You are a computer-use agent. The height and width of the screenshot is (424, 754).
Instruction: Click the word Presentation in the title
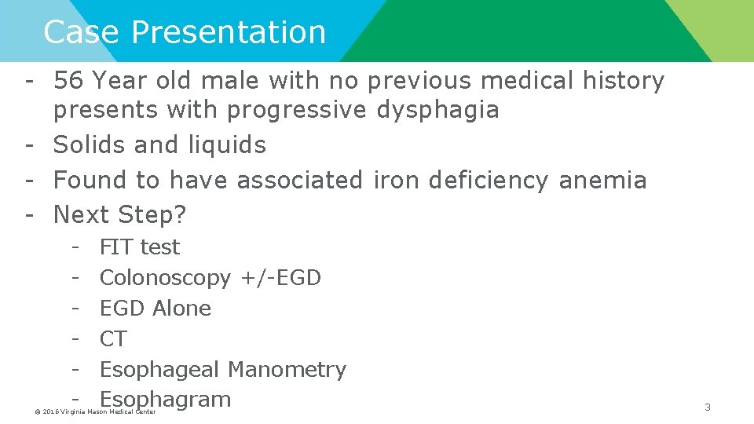coord(229,32)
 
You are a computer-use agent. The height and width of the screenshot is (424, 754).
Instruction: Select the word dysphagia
coord(438,110)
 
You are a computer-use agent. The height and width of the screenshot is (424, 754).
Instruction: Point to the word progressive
coord(297,110)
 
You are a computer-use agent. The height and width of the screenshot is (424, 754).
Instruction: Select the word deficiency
coord(490,180)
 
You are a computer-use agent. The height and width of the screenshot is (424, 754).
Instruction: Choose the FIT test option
coord(140,247)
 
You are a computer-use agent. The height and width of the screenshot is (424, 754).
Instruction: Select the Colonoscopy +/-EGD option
coord(210,277)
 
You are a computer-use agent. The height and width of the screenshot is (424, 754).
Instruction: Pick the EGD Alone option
coord(156,308)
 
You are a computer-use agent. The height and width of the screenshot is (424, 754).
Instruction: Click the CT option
coord(113,338)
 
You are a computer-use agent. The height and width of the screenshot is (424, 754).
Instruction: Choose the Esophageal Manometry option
coord(223,369)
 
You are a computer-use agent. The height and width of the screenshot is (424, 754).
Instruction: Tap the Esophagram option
coord(166,399)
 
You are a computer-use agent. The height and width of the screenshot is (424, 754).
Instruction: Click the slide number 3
coord(707,407)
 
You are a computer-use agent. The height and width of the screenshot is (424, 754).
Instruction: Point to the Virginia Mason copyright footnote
coord(97,411)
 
